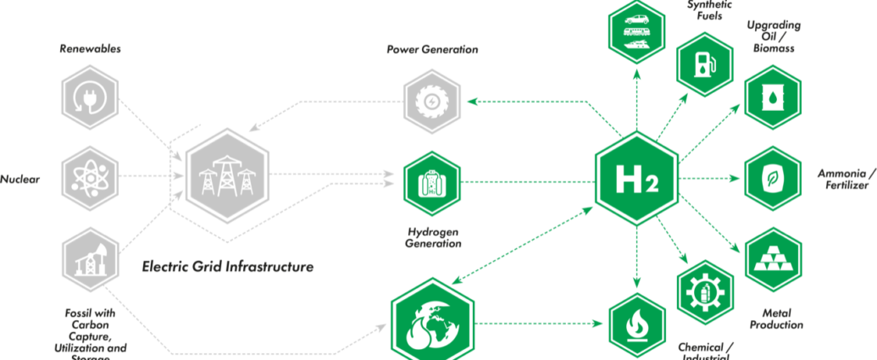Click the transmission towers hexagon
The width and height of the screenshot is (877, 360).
click(x=226, y=178)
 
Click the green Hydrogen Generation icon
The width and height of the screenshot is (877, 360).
click(x=432, y=180)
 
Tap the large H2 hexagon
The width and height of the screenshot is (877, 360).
click(x=636, y=180)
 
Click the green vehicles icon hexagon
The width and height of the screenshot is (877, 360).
click(x=636, y=33)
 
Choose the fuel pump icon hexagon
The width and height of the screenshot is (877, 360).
click(x=704, y=64)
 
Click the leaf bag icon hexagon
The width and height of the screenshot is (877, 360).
click(x=772, y=180)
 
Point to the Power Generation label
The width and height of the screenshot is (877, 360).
click(x=432, y=50)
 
